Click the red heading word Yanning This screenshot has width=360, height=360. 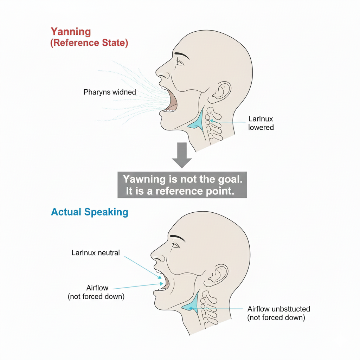tap(71, 32)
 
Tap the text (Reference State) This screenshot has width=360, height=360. tap(89, 43)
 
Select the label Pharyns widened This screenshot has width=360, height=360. tap(110, 92)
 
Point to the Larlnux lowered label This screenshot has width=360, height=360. tap(261, 123)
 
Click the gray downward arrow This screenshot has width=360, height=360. tap(182, 154)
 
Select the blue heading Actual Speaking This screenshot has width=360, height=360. tap(90, 212)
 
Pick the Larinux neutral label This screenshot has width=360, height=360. tap(96, 253)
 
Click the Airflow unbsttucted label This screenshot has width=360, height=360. tap(279, 309)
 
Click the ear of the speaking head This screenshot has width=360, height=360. tap(218, 275)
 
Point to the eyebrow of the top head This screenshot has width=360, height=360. tap(182, 55)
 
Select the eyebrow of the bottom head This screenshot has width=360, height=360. tap(178, 238)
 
